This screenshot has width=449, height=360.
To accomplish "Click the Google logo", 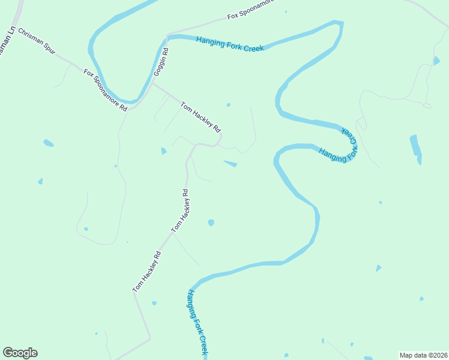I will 20,353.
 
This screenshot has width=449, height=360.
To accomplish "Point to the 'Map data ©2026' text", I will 423,355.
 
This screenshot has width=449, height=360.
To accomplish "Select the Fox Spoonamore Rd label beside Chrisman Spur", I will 106,91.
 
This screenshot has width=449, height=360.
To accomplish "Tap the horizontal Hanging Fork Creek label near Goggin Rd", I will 230,44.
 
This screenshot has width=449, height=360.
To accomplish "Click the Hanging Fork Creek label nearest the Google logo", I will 197,322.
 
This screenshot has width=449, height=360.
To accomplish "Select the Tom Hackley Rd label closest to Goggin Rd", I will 201,117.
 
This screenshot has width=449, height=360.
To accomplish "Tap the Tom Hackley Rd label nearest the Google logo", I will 147,272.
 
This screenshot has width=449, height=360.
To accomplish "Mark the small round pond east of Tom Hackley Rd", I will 211,223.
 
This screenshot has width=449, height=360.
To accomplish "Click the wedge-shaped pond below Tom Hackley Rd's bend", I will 231,163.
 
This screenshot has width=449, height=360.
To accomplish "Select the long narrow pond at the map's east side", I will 415,149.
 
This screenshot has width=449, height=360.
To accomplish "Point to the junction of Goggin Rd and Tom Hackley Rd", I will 153,84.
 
